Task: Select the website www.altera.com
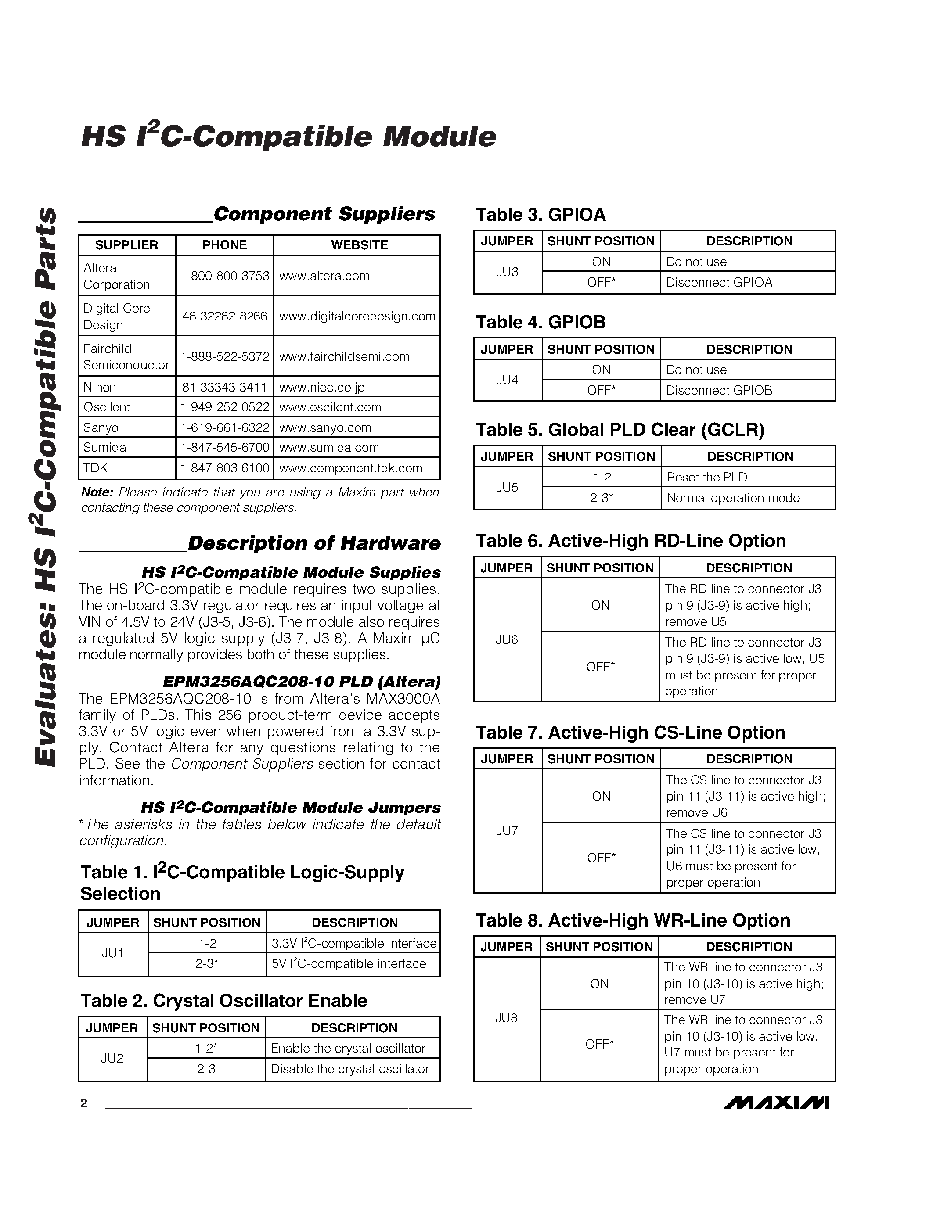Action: point(324,276)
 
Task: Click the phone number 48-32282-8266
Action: point(224,316)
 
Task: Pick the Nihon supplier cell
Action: point(100,387)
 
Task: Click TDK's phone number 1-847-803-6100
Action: point(225,468)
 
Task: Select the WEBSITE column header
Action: point(359,245)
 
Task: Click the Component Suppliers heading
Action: point(324,214)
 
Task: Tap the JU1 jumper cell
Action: point(113,953)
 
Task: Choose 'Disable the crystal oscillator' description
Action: point(350,1069)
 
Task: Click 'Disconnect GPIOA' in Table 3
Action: point(719,282)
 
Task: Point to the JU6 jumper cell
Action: point(507,640)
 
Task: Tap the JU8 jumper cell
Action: point(506,1018)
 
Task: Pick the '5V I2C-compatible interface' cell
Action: point(349,964)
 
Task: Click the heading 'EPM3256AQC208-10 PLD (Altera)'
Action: point(302,682)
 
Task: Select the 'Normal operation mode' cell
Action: point(733,498)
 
